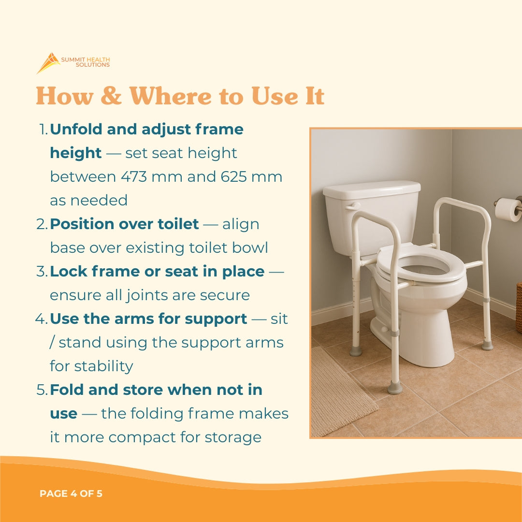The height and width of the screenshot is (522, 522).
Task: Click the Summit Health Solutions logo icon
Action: point(48,63)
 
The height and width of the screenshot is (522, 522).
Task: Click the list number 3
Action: point(42,272)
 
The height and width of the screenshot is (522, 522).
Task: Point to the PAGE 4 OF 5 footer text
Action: point(71,494)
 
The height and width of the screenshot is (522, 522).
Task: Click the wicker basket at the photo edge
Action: point(519,307)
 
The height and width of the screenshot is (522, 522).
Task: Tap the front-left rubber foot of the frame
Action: point(395,387)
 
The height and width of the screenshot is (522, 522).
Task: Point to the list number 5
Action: point(42,390)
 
